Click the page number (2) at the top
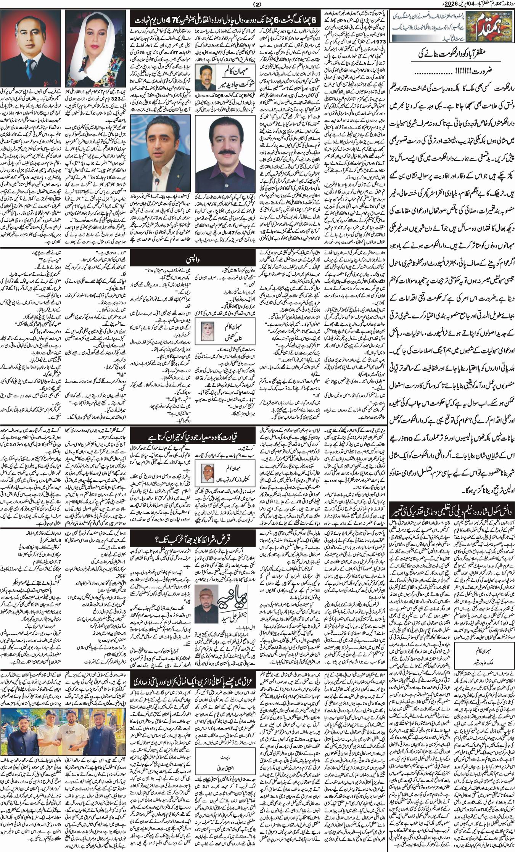256,4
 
